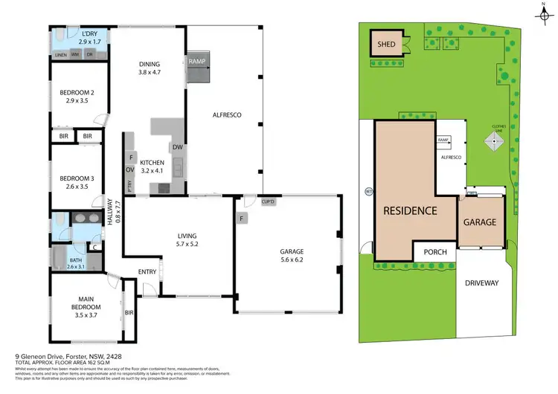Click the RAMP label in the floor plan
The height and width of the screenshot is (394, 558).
(197, 62)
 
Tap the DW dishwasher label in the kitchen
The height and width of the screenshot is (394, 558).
(177, 147)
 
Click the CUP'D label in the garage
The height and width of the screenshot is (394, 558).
(269, 202)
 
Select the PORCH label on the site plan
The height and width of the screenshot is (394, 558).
(435, 252)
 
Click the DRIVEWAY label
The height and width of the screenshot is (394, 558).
(483, 283)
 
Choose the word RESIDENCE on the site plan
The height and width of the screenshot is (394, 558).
(409, 210)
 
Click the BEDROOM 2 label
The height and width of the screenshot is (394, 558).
(77, 93)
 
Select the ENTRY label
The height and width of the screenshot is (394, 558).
(147, 272)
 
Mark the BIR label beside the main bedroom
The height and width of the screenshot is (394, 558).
(129, 313)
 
